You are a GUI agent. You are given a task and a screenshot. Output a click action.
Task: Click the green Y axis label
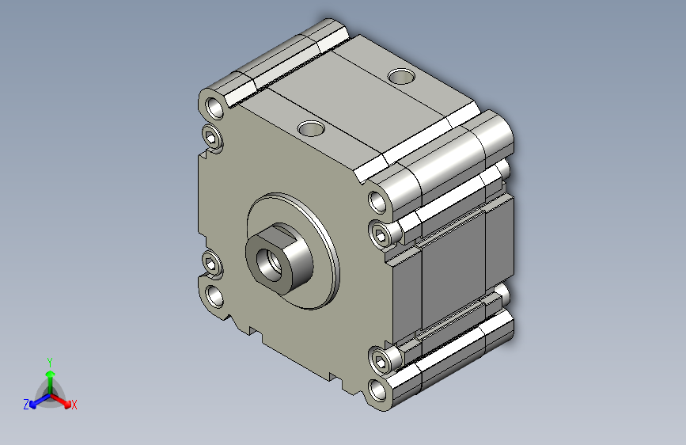tap(50, 363)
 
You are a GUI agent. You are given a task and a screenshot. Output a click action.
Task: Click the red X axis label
tap(74, 405)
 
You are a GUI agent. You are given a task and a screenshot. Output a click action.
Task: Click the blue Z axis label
tap(26, 405)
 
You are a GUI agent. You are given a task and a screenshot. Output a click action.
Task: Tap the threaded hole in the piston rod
tap(269, 264)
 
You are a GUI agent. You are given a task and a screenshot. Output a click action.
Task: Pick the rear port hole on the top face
tap(401, 77)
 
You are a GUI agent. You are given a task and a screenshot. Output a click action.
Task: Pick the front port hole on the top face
tap(311, 128)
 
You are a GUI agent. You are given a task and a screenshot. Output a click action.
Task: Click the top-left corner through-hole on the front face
tap(214, 108)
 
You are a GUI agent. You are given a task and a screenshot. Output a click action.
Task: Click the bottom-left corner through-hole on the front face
tap(214, 296)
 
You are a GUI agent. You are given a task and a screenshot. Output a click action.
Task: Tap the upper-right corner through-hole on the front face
tap(377, 202)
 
